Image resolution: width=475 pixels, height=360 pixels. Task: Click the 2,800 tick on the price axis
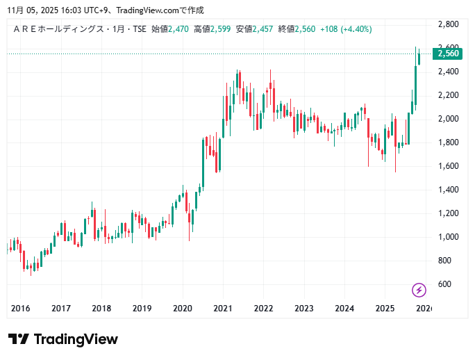pos(447,24)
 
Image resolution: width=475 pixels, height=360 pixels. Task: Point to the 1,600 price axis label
pos(447,166)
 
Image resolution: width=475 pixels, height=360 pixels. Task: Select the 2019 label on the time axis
pos(142,308)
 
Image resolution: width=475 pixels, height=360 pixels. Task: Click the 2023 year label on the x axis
pos(303,308)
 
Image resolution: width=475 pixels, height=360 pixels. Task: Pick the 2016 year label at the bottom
pos(21,308)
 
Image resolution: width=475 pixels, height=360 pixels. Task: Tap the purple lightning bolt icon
pos(419,290)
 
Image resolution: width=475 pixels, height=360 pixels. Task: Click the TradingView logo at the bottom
pos(63,339)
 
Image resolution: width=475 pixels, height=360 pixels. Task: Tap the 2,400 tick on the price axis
pos(447,72)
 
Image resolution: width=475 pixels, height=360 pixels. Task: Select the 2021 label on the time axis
pos(223,308)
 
